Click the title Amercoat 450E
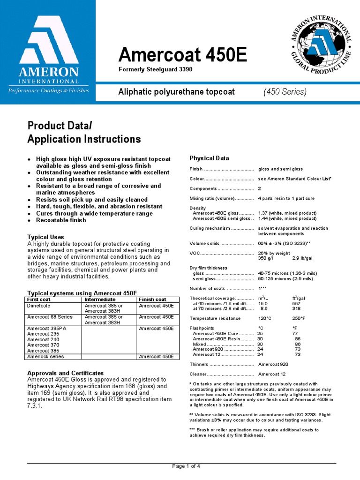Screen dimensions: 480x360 pyautogui.click(x=182, y=55)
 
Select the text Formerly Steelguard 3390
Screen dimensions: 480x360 pyautogui.click(x=155, y=69)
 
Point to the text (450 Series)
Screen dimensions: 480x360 pyautogui.click(x=285, y=91)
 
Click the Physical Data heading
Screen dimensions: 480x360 pyautogui.click(x=209, y=158)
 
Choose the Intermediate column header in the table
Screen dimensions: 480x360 pyautogui.click(x=99, y=300)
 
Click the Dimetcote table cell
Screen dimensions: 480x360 pyautogui.click(x=39, y=306)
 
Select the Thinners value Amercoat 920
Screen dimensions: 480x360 pyautogui.click(x=273, y=364)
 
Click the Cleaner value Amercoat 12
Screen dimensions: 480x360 pyautogui.click(x=272, y=374)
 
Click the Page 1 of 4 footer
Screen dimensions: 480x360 pyautogui.click(x=187, y=466)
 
